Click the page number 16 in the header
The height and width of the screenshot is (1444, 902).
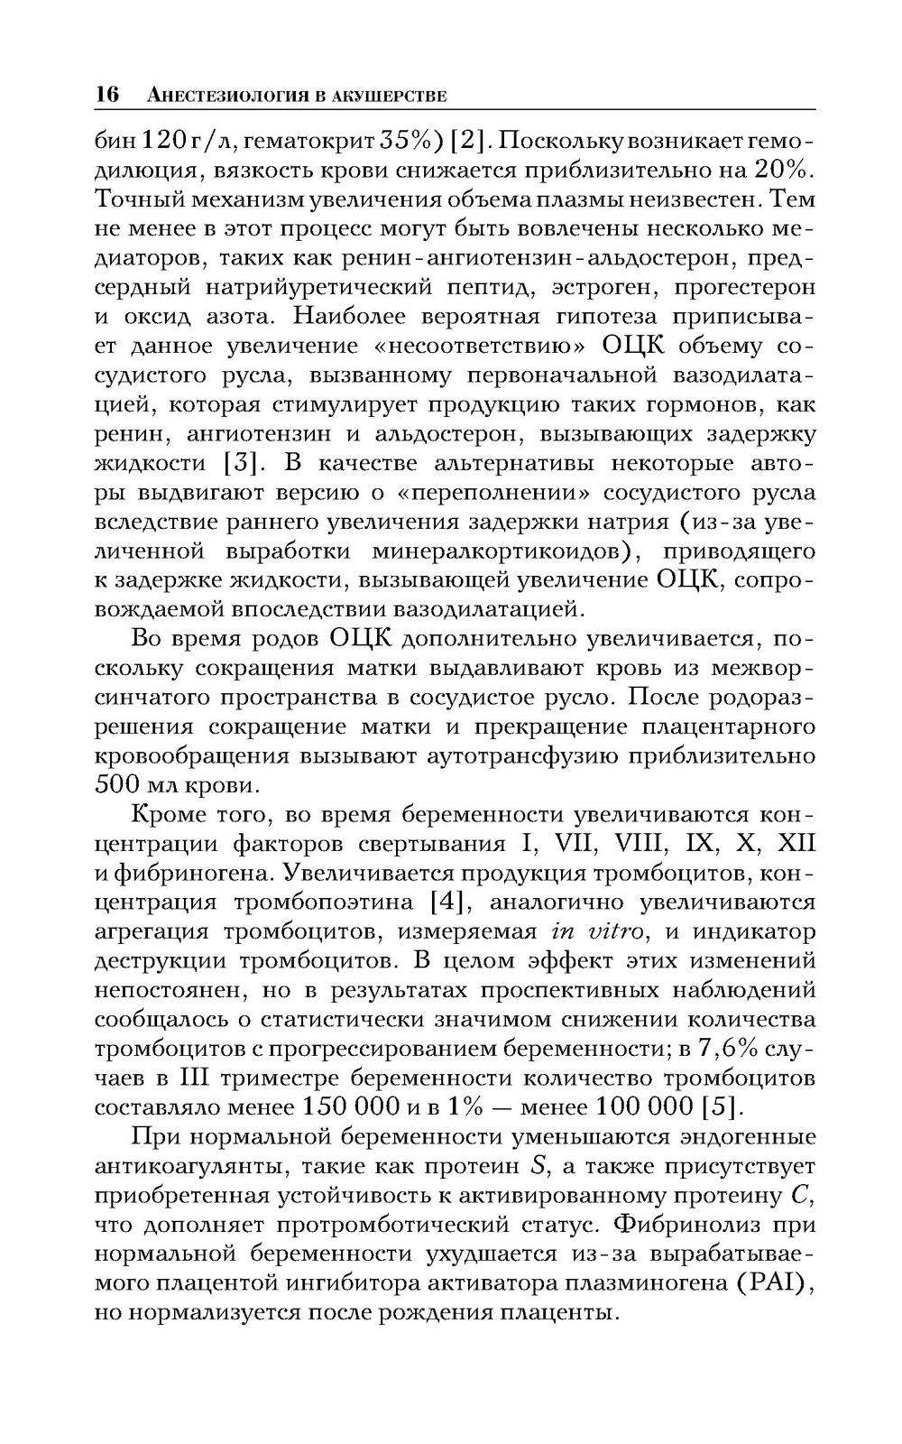coord(107,95)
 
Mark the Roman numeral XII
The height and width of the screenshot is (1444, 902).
coord(796,844)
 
